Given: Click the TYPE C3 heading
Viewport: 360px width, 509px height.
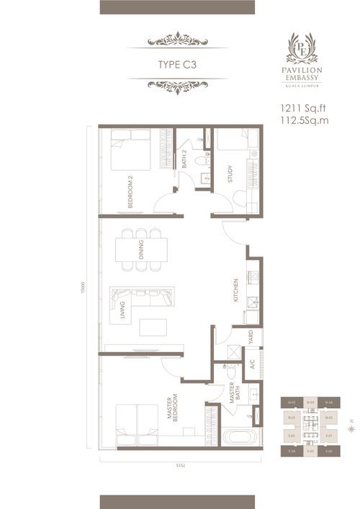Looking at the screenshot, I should click(x=178, y=64).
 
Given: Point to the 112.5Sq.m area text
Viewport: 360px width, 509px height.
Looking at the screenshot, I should click(x=304, y=121).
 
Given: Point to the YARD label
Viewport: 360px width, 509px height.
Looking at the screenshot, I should click(x=251, y=335).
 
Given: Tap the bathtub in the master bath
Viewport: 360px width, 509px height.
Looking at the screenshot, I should click(x=236, y=437).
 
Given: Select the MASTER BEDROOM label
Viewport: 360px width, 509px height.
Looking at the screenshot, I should click(x=175, y=412).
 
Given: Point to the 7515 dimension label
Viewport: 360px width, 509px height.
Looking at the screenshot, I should click(x=179, y=465).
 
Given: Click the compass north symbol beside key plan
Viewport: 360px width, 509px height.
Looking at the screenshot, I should click(x=350, y=428).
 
